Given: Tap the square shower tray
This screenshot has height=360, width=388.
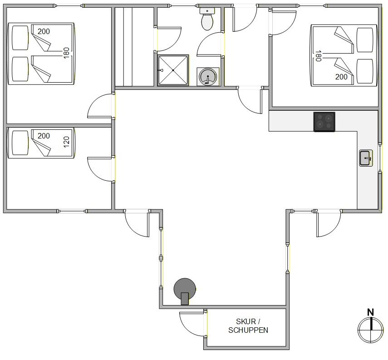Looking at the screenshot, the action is click(173, 70).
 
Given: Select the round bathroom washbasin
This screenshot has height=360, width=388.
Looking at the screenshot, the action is click(208, 77).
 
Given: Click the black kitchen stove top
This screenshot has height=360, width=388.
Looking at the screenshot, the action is click(324, 122).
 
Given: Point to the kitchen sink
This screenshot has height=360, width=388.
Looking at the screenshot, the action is click(366, 158).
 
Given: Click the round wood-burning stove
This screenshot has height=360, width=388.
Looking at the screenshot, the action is click(185, 291).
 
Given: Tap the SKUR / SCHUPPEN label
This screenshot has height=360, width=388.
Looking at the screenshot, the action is click(248, 326).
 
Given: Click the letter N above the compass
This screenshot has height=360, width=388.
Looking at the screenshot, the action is click(370, 312).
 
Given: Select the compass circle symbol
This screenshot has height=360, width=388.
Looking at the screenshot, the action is click(370, 330).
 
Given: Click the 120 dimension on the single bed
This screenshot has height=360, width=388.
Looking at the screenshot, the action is click(66, 142).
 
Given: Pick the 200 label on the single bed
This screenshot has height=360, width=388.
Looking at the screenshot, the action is click(44, 136).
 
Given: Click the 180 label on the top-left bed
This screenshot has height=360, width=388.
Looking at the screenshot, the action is click(66, 53).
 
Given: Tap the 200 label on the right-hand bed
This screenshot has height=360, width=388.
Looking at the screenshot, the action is click(341, 77).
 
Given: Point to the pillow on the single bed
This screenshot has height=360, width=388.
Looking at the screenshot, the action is click(20, 143).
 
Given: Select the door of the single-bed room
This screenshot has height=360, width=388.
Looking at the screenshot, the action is click(100, 169).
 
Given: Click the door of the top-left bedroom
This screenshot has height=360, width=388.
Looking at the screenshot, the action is click(100, 106).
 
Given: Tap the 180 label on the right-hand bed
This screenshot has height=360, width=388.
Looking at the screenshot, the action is click(318, 56).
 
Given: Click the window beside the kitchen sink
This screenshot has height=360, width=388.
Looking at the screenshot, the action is click(380, 158).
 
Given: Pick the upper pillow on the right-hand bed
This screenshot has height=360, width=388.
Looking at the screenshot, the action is click(365, 40).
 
